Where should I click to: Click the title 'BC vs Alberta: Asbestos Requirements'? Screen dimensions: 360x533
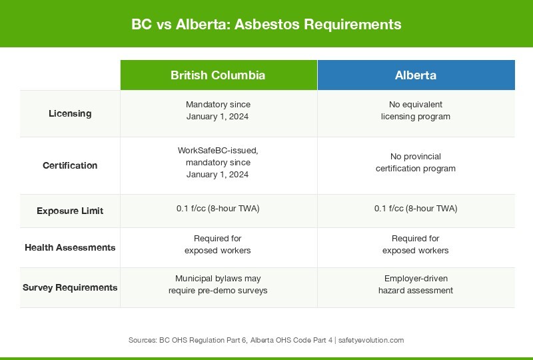(266, 25)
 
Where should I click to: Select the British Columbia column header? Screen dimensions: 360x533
(218, 75)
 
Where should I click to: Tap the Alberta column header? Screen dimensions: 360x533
(416, 75)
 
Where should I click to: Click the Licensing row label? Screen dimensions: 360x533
(70, 113)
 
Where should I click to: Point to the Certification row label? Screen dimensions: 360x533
(70, 165)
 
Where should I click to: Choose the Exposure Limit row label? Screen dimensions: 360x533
(70, 211)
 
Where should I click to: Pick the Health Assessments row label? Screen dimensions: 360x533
(70, 247)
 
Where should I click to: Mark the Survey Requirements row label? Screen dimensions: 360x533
(70, 287)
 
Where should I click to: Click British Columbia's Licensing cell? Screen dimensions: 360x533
(218, 111)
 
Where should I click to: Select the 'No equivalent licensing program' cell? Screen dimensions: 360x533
(416, 111)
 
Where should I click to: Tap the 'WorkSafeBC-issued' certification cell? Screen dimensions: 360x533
(218, 162)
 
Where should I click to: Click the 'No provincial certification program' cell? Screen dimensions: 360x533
(416, 162)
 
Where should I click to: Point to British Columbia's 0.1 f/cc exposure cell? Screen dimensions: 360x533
(218, 208)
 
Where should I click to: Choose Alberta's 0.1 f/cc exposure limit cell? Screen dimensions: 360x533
(416, 208)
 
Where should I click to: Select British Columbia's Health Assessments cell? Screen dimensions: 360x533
(218, 245)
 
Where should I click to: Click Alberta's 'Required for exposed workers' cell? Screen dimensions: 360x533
(416, 245)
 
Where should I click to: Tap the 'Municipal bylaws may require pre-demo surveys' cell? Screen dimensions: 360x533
(218, 285)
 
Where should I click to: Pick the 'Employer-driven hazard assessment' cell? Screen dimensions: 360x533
(416, 285)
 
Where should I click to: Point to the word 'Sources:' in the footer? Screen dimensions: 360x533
(143, 340)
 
